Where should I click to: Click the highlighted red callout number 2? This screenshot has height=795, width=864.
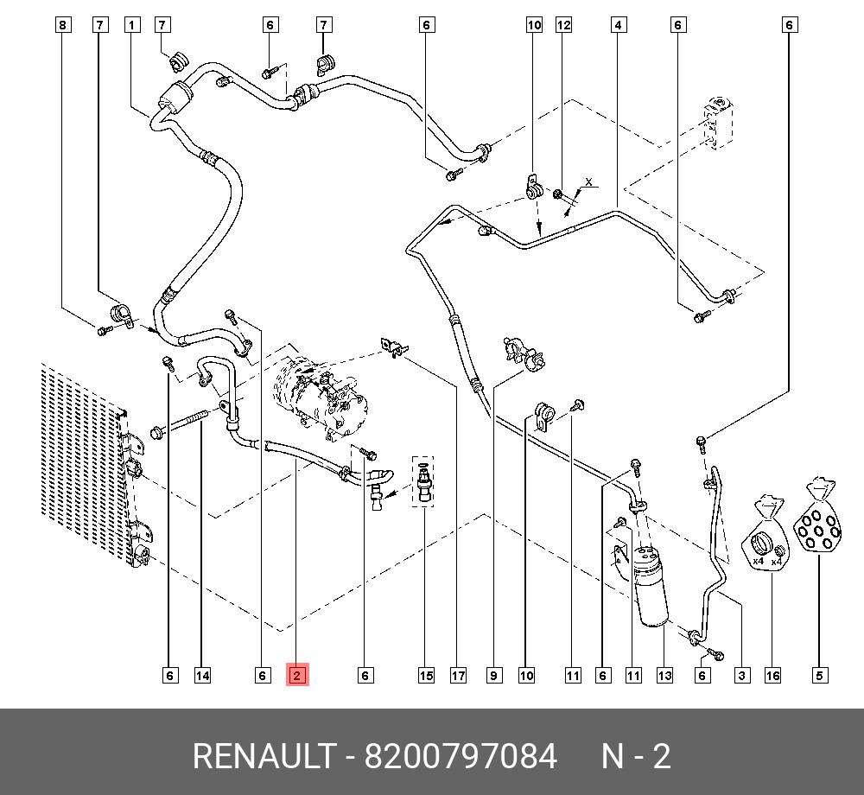click(296, 675)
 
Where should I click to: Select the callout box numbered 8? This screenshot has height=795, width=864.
click(62, 25)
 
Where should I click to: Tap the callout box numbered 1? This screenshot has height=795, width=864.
click(131, 25)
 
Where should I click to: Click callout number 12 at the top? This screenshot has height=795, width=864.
click(563, 25)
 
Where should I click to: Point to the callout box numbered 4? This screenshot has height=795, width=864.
click(619, 25)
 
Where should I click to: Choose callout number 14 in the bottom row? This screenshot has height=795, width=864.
click(202, 675)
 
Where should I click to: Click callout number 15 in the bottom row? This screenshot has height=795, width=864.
click(426, 675)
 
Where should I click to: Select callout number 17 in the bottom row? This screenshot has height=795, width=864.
click(458, 675)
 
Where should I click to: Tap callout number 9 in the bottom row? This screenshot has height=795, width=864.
click(493, 675)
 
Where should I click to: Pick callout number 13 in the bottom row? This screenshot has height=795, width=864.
click(664, 675)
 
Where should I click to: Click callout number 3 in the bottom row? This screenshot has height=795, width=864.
click(741, 675)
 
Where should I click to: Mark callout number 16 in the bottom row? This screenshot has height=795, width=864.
click(772, 675)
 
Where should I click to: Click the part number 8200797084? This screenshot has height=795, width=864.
click(460, 757)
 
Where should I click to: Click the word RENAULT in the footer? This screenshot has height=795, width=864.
click(263, 757)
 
